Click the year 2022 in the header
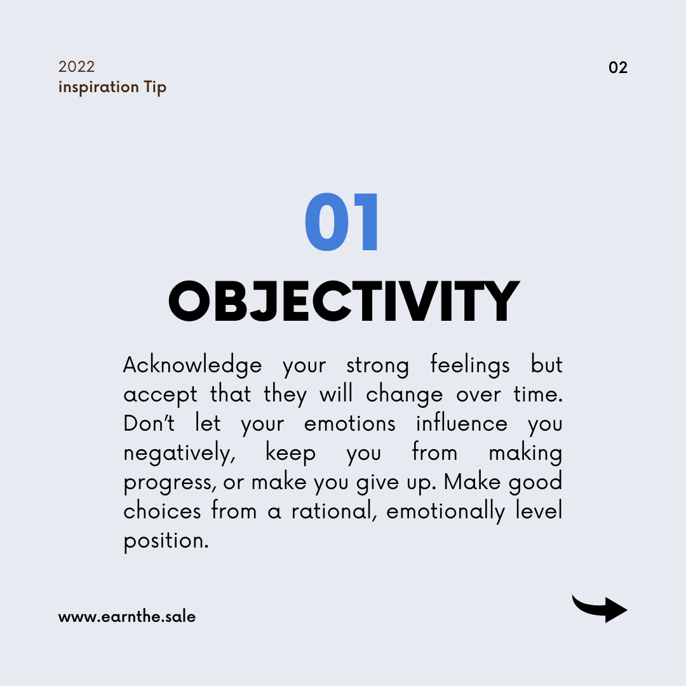tap(77, 67)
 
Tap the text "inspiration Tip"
tap(112, 87)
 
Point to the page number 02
tap(618, 67)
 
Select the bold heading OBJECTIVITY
tap(344, 301)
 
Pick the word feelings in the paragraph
tap(470, 365)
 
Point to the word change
tap(404, 394)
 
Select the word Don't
tap(149, 423)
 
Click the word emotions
tap(349, 424)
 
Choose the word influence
tap(462, 423)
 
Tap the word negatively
tap(179, 454)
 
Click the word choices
tap(162, 511)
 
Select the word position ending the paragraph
tap(166, 541)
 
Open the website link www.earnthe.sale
tap(127, 617)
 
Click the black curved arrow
tap(600, 609)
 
